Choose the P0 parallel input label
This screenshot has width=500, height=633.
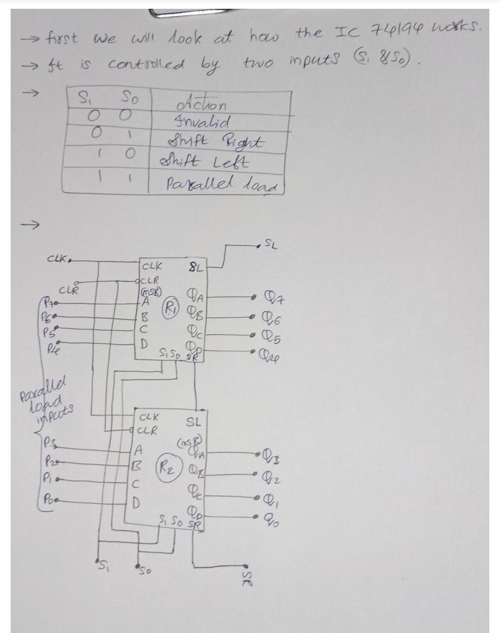pyautogui.click(x=49, y=500)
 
